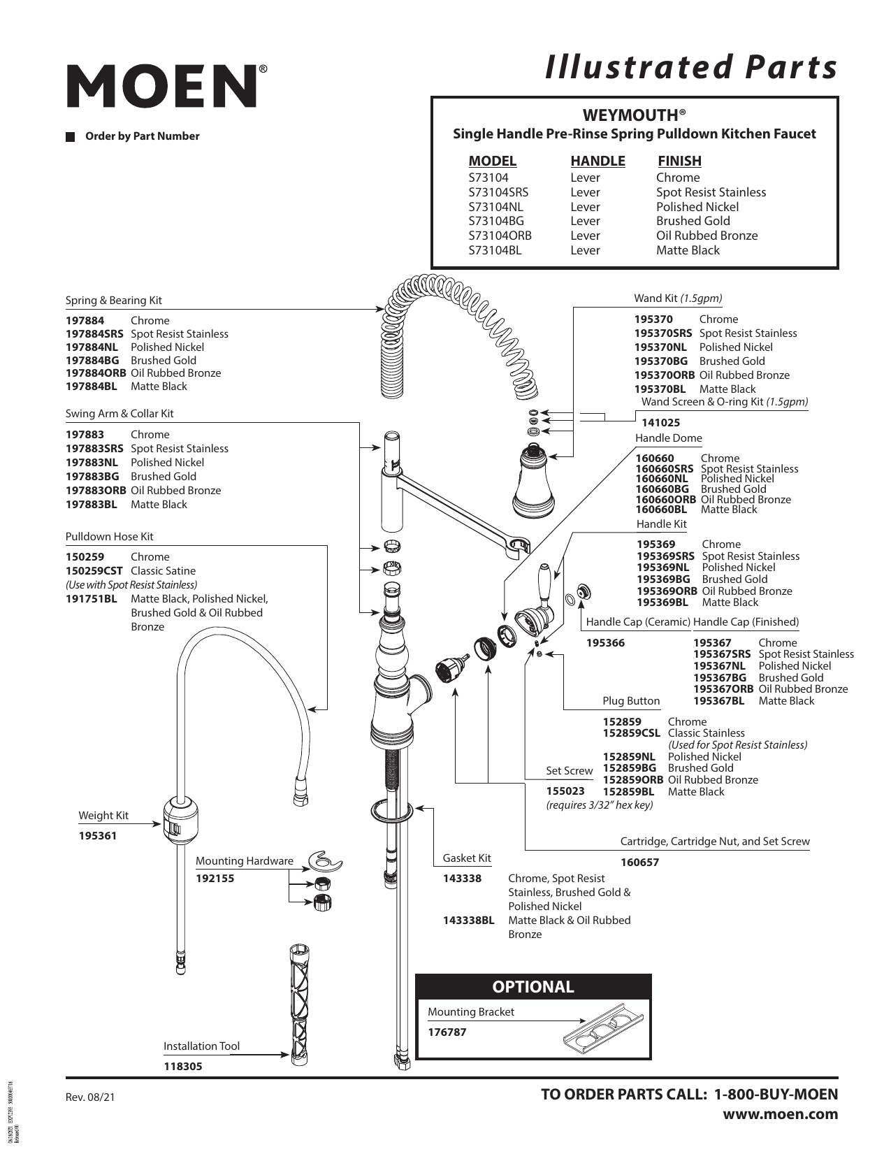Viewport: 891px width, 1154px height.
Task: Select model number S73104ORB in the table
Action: (500, 236)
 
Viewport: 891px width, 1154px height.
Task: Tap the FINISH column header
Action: (679, 161)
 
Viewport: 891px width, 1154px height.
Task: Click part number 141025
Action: (660, 423)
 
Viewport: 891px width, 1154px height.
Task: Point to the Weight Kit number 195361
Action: (98, 836)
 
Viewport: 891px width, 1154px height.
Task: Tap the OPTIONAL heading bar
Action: (533, 987)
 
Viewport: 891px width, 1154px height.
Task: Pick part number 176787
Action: (447, 1032)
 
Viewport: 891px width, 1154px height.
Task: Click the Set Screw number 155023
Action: (565, 791)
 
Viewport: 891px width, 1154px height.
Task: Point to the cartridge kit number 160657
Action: (639, 863)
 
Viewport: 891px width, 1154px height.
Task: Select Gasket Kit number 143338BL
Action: (468, 921)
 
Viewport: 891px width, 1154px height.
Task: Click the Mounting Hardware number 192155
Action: (215, 879)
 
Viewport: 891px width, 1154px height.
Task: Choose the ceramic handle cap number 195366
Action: (605, 643)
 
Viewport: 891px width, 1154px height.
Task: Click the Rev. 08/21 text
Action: (89, 1097)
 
